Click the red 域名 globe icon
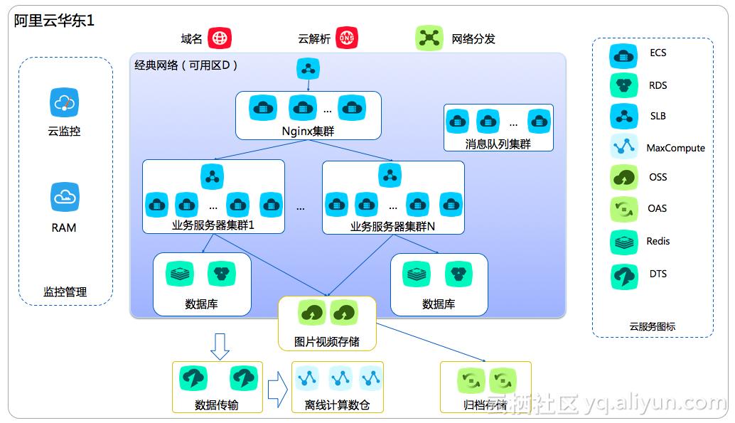pos(220,38)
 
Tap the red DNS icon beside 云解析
pos(348,38)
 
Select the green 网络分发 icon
pos(429,38)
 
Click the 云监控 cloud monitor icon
pos(65,102)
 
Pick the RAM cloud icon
pos(65,197)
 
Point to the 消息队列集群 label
pos(498,144)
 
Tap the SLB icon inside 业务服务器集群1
pos(213,175)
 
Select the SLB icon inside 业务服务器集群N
pos(390,175)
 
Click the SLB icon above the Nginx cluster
pos(309,69)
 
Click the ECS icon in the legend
pos(623,54)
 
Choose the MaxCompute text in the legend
pos(675,148)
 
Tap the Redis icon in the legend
pos(623,242)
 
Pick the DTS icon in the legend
pos(623,275)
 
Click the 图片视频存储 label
pos(327,342)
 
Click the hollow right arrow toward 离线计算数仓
pos(277,390)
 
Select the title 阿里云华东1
pos(54,21)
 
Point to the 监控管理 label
pos(65,291)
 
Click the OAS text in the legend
pos(658,208)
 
